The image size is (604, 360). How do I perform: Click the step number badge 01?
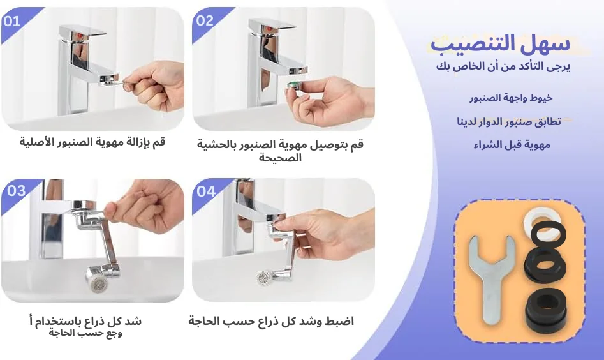[x=12, y=21]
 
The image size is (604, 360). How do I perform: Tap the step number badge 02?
[x=205, y=21]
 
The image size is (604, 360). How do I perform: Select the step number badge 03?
[x=16, y=191]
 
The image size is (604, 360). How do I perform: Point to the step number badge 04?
[x=206, y=191]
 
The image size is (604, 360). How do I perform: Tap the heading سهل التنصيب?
[x=500, y=44]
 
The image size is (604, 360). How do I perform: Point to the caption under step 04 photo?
[x=271, y=321]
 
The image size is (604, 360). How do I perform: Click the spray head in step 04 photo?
[x=266, y=278]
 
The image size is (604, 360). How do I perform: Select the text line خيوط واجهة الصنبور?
[x=511, y=98]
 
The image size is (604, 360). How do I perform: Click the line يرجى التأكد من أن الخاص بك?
[x=504, y=66]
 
